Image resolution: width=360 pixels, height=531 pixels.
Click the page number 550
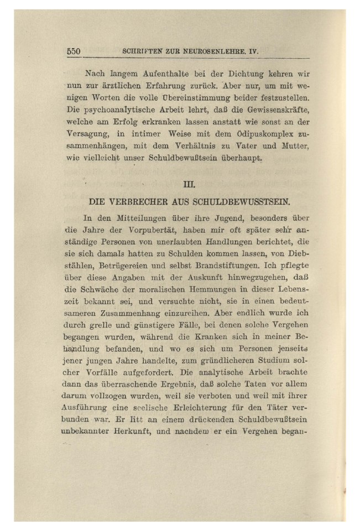tap(74, 51)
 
